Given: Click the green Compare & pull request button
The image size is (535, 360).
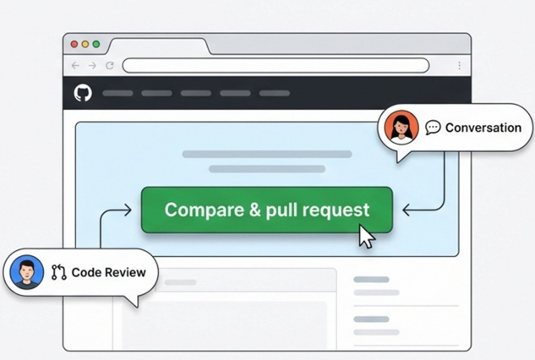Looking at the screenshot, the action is (267, 210).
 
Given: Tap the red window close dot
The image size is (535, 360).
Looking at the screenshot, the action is (74, 44).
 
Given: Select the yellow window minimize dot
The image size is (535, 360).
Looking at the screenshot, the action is (85, 44).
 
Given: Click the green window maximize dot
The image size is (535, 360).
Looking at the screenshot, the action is (96, 44).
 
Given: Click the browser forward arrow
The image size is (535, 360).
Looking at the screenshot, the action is (92, 66).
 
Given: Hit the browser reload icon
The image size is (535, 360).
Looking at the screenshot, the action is (110, 66).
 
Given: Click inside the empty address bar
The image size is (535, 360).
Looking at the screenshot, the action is (276, 66).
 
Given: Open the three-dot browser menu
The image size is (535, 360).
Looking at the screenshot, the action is (460, 66).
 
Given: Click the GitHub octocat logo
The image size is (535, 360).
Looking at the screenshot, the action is (83, 93).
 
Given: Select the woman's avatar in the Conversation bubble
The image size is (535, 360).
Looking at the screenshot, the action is (401, 128).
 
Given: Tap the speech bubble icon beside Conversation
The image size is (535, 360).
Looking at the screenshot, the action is (433, 128).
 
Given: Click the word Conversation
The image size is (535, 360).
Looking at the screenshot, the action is (483, 128).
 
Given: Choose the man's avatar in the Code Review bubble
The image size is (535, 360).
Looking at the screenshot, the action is (27, 272).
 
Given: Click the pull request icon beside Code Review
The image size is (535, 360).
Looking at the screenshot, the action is (58, 272).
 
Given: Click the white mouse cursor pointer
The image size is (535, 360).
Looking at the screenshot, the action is (367, 236).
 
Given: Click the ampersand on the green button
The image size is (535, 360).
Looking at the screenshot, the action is (254, 210).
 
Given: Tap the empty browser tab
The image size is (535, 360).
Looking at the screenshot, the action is (159, 46).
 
